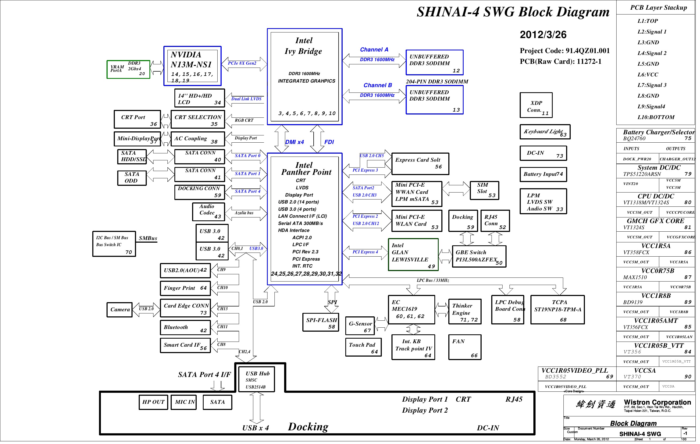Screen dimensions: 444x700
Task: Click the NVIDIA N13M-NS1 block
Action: [192, 66]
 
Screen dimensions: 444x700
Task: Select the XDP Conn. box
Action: [536, 105]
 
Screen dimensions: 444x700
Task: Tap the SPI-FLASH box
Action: [321, 322]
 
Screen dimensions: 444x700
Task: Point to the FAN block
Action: [464, 347]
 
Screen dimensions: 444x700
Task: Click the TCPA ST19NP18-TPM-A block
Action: [557, 309]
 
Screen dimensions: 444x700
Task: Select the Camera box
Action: [119, 309]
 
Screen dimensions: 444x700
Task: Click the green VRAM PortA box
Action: [128, 69]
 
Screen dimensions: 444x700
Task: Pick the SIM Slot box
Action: [484, 190]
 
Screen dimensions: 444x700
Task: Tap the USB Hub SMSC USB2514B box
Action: [256, 379]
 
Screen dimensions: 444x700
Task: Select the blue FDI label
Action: [329, 142]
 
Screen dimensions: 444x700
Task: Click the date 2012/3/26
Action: [543, 35]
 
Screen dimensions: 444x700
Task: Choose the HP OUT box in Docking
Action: [153, 402]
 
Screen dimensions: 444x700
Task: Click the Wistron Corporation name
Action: [657, 402]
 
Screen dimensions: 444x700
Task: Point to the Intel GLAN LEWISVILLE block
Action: [413, 254]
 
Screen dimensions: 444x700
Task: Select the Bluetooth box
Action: [185, 327]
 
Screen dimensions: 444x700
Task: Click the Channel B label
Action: [378, 86]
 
